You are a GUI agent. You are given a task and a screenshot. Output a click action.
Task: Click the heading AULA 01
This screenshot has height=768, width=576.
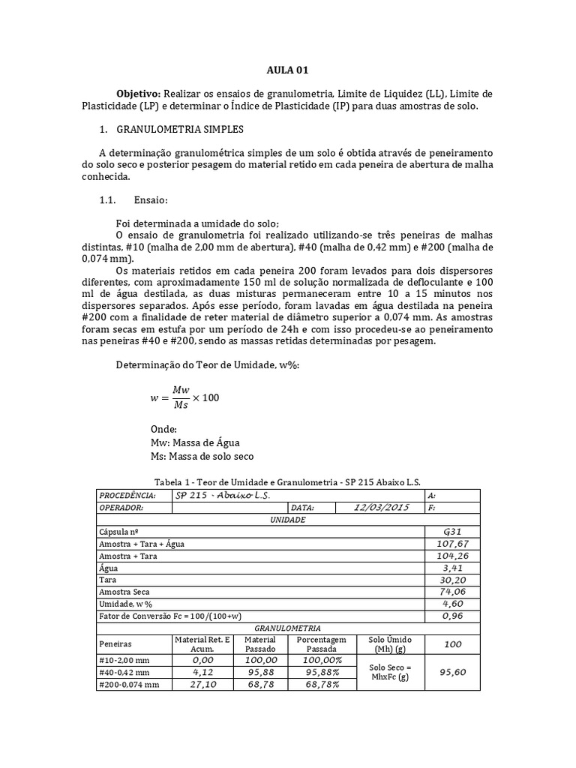tap(287, 70)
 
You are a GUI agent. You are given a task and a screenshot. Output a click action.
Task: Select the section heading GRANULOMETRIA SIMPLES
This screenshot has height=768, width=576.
tap(180, 130)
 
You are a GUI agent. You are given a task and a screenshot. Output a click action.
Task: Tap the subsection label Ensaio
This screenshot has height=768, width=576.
tap(151, 200)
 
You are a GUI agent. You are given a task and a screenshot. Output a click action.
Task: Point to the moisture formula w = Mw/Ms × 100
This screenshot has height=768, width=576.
tap(185, 397)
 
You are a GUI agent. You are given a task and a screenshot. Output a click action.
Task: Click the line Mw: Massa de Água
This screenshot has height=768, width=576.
tap(195, 442)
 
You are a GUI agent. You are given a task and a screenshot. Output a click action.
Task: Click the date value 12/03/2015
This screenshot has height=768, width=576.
tap(382, 507)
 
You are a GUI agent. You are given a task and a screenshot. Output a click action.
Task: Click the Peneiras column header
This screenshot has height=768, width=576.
tap(115, 643)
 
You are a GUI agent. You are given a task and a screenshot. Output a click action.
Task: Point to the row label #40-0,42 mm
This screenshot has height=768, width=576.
tap(124, 672)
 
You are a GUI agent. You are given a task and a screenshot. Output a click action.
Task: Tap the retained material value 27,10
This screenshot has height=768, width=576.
tap(203, 684)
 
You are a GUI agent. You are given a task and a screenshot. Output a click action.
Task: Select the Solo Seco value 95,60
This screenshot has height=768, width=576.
tap(452, 672)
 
